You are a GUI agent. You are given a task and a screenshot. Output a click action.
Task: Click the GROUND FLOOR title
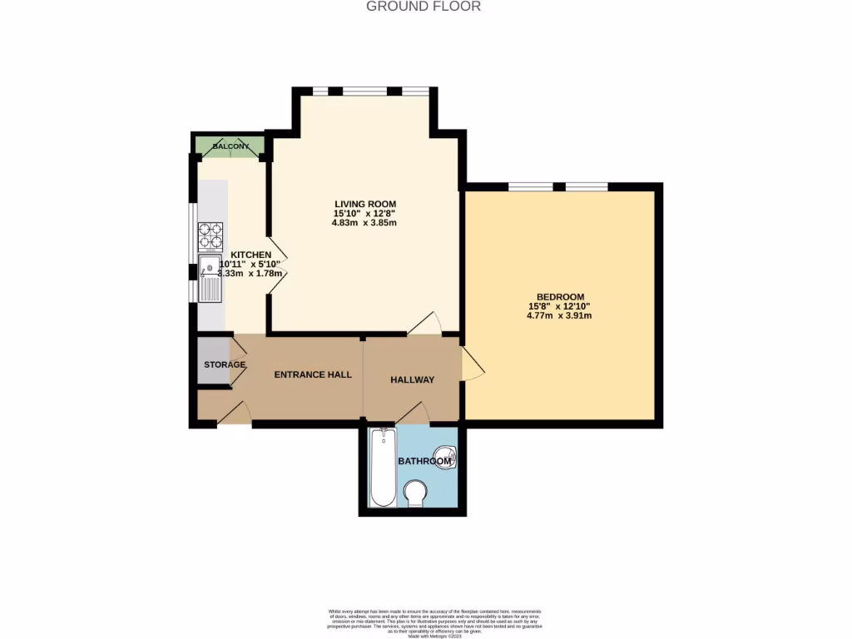pos(424,7)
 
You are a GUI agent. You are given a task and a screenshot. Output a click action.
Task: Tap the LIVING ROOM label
pos(364,204)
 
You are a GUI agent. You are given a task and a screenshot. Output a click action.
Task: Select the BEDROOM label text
pos(560,297)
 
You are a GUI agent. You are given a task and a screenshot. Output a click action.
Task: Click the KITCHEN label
pos(250,255)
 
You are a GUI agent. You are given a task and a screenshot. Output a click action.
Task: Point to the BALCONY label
pos(230,147)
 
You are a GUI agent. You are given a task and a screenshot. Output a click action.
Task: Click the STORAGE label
pos(225,364)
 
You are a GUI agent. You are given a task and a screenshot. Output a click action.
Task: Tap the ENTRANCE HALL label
pos(313,374)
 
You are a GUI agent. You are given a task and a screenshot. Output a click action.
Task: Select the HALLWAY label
pos(413,379)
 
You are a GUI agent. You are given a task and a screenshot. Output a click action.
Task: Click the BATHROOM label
pos(424,460)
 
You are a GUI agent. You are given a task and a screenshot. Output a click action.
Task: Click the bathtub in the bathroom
pos(383,467)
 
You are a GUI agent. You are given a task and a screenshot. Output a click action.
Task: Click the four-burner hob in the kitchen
pos(211,236)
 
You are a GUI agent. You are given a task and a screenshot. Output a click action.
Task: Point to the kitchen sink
pos(210,279)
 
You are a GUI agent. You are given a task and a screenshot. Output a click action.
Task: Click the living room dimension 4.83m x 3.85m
pos(364,223)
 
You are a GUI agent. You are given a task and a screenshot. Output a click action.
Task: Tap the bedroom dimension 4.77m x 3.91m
pos(560,316)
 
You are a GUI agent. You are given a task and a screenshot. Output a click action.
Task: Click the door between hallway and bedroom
pos(472,364)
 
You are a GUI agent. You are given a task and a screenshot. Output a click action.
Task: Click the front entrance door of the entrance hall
pos(234,414)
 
